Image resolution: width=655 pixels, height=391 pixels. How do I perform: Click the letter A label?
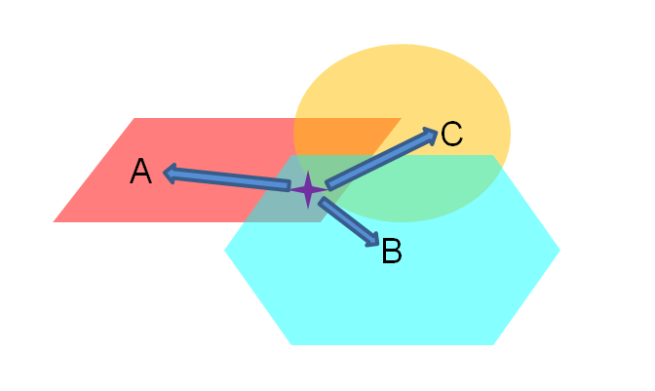point(141,173)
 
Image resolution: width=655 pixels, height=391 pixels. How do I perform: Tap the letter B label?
point(392,253)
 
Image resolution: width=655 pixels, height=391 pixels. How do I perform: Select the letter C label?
point(451,134)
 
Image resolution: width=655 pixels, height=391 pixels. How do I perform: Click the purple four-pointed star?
point(308,189)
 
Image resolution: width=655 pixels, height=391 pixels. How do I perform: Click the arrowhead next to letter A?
point(170,173)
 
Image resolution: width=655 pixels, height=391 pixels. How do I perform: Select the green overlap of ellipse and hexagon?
point(429,185)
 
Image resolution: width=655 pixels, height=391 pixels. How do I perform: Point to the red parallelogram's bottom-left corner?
point(54,221)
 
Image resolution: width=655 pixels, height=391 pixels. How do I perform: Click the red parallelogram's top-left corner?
point(134,118)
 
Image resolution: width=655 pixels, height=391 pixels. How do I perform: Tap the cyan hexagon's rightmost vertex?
point(559,250)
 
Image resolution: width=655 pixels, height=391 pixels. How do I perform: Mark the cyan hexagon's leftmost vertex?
point(225,250)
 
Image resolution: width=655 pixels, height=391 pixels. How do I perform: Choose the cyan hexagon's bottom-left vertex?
point(291,344)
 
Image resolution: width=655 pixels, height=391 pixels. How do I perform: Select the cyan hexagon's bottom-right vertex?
point(493,344)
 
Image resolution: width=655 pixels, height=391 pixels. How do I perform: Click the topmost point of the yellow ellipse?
point(402,44)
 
